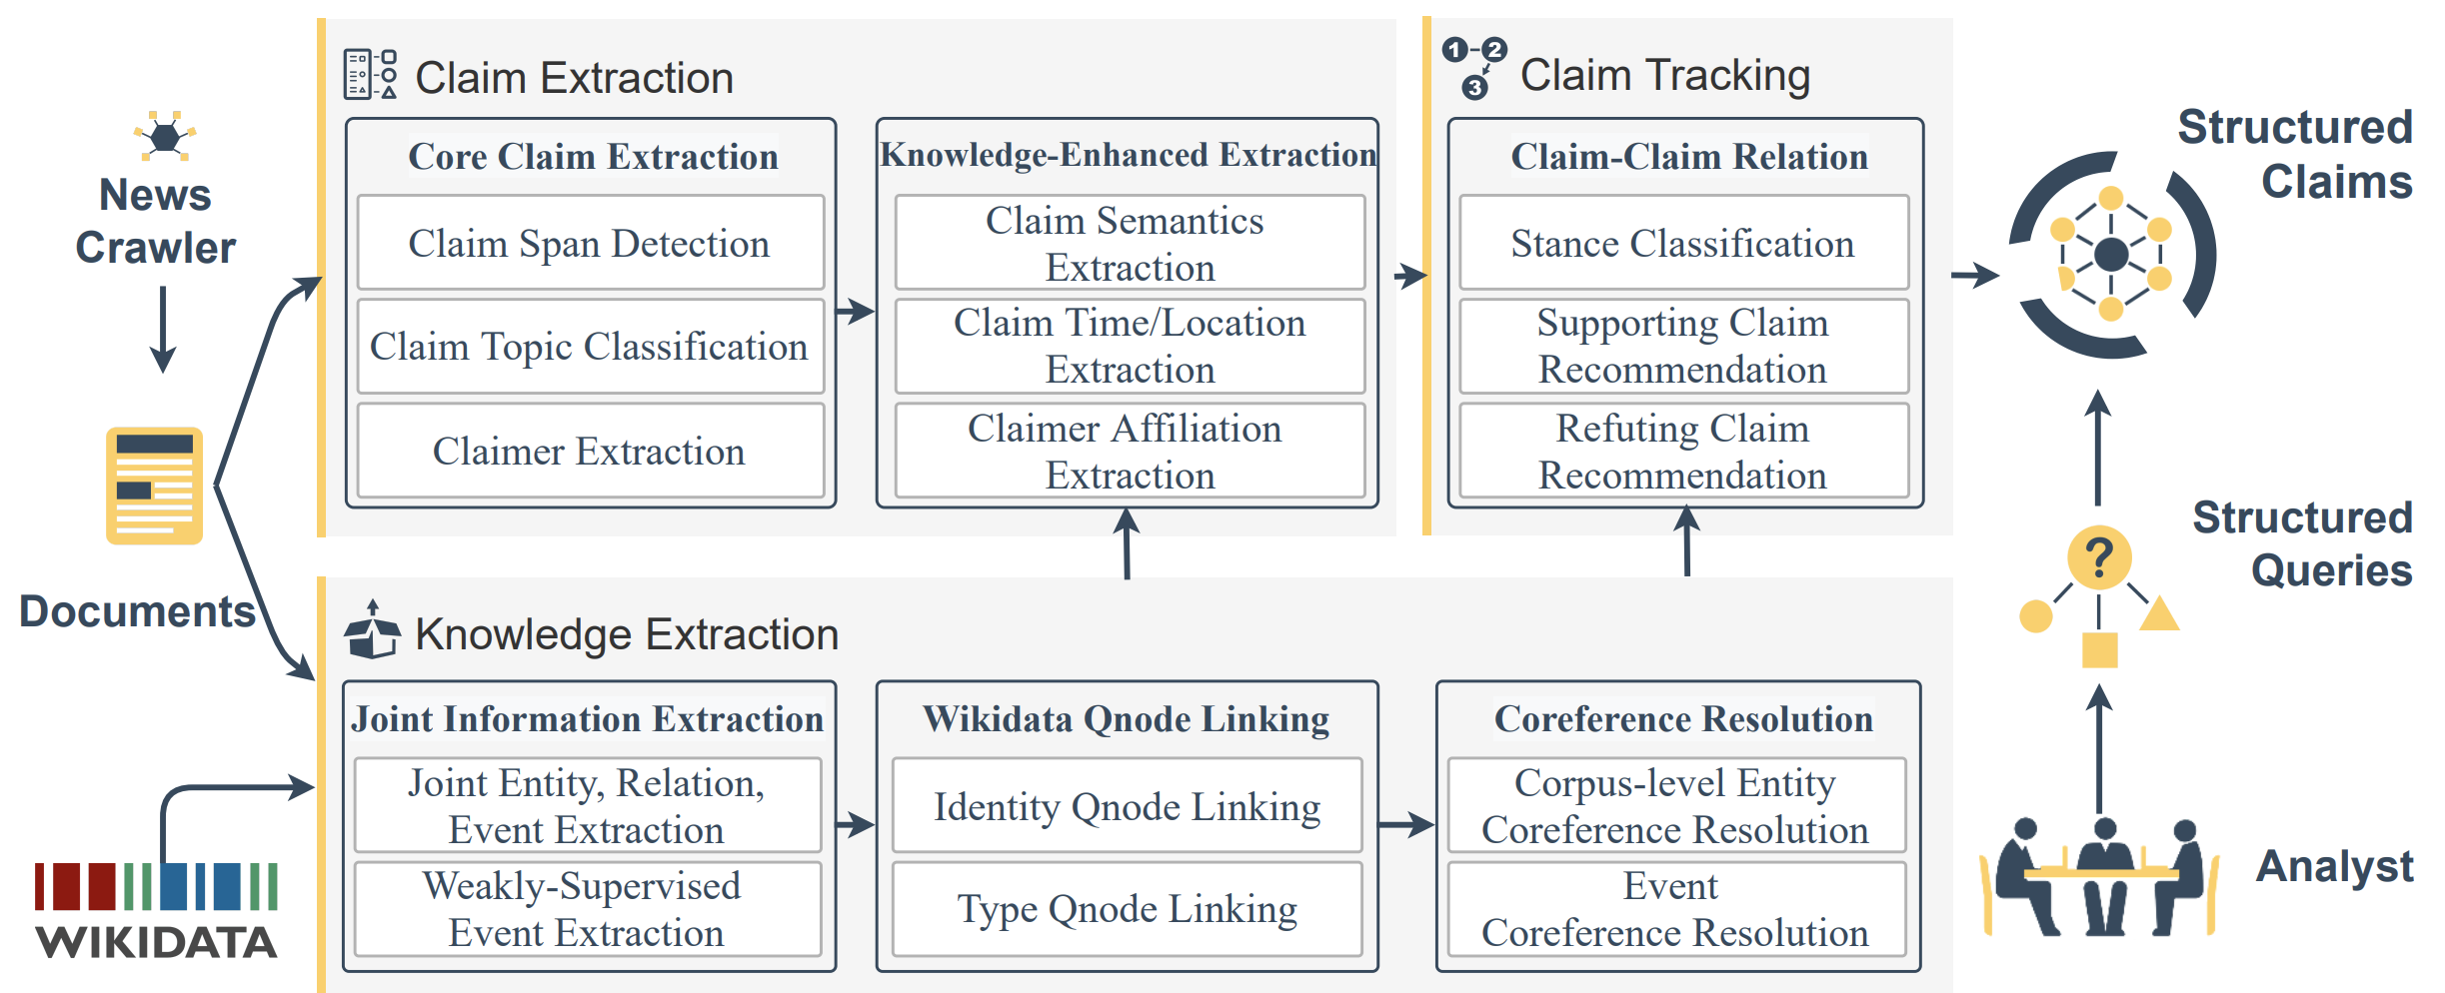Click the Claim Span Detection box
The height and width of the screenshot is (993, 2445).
tap(590, 243)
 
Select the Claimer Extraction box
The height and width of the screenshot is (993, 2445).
tap(590, 451)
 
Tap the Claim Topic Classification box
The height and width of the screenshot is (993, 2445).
tap(590, 346)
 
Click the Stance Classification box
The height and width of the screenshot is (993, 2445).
tap(1682, 243)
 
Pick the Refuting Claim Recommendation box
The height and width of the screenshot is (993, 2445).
tap(1682, 451)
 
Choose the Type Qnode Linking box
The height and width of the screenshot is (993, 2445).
tap(1127, 909)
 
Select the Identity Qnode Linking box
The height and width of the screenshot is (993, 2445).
tap(1127, 805)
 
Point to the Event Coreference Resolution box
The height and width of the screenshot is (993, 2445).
tap(1675, 909)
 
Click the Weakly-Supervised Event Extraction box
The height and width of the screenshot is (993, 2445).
tap(587, 909)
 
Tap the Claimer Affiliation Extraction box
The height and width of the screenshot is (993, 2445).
tap(1129, 451)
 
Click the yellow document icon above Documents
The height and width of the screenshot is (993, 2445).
tap(154, 486)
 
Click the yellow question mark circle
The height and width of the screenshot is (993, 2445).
tap(2098, 557)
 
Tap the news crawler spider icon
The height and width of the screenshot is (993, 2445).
tap(165, 136)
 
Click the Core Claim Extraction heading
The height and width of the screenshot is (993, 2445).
tap(593, 156)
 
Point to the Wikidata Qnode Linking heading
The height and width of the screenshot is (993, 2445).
tap(1127, 718)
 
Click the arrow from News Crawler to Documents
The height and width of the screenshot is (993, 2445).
tap(163, 330)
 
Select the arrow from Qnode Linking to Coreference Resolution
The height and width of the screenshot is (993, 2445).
tap(1405, 824)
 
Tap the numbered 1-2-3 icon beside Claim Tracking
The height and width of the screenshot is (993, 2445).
tap(1473, 67)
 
